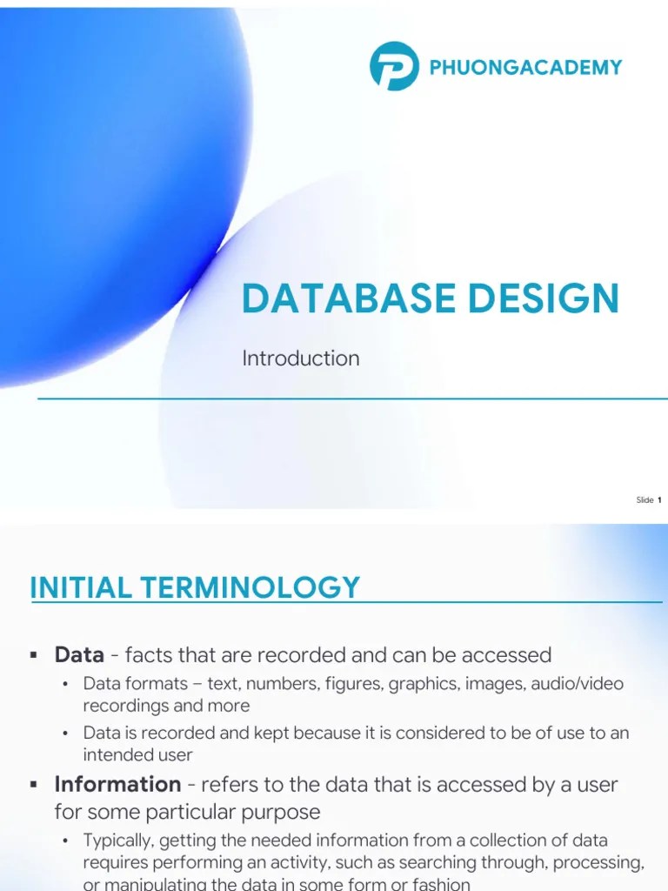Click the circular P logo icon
pos(394,66)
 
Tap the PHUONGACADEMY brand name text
pos(525,67)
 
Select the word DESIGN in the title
pos(543,298)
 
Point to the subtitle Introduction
pos(300,358)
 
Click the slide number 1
pos(659,499)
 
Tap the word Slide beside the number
pos(645,499)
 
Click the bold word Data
pos(79,654)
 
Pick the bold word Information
pos(117,784)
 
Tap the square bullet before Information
pos(33,785)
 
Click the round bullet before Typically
pos(64,841)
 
